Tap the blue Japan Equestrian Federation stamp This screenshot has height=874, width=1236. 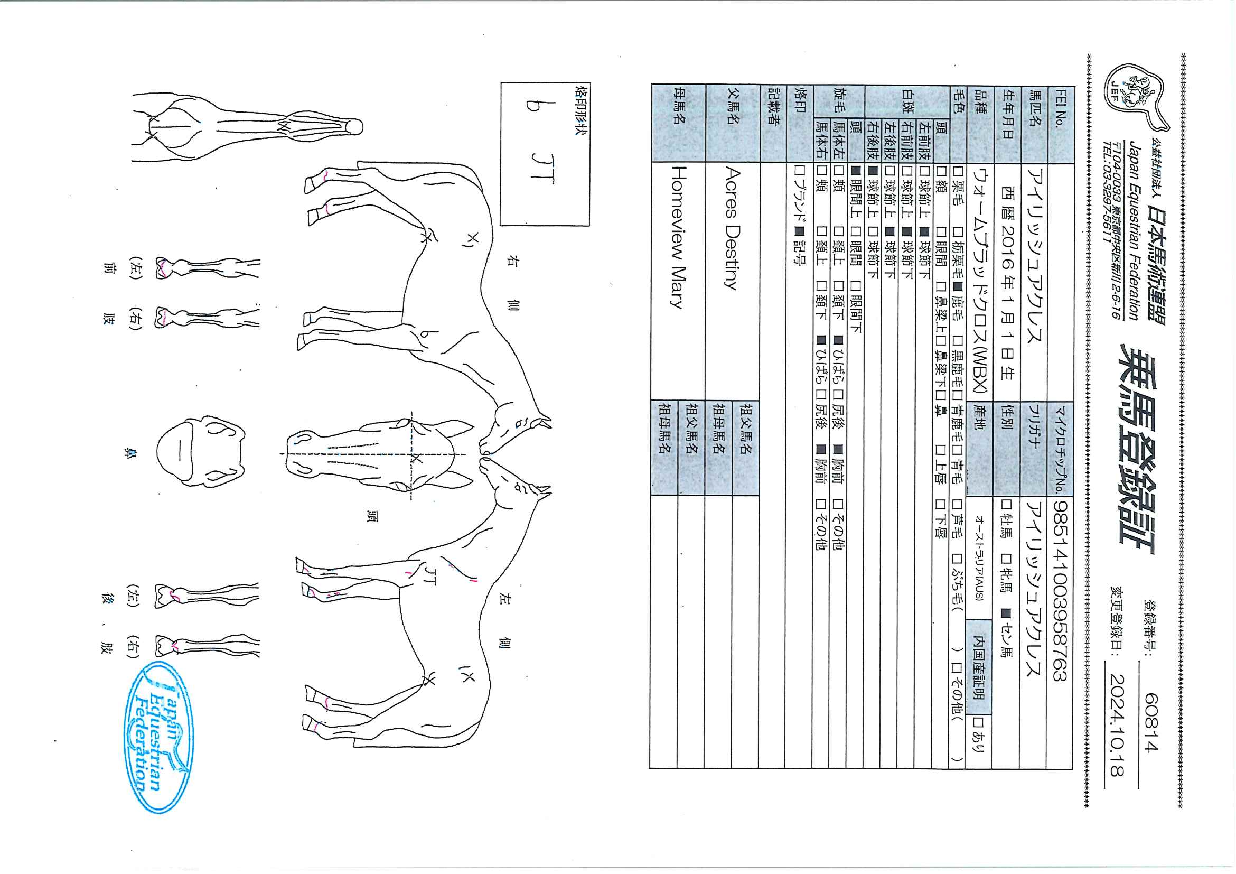160,737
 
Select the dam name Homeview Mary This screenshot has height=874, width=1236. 679,236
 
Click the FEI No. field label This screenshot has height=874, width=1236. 1059,113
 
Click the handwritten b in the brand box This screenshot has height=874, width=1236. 532,106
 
